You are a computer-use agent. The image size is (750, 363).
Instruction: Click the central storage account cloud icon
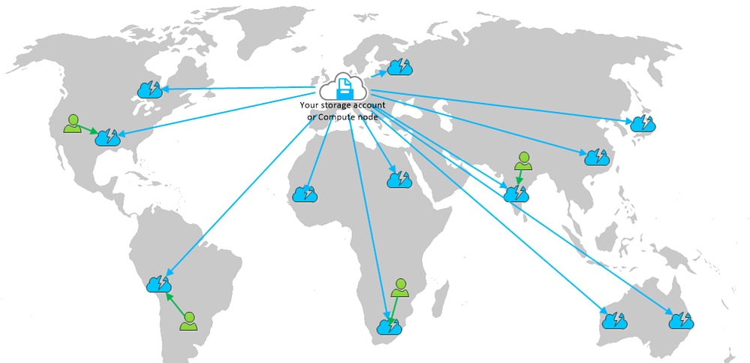point(343,86)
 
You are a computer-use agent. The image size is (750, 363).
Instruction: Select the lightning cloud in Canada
point(149,89)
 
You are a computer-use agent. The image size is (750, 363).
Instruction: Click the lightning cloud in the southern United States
point(107,137)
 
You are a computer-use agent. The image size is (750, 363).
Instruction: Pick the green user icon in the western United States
point(72,123)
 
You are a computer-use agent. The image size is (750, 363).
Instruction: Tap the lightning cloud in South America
point(159,284)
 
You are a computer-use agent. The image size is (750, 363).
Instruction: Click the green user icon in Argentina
point(188,321)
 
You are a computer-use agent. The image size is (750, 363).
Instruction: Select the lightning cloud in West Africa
point(305,193)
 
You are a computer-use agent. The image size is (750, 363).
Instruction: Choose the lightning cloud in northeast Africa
point(399,179)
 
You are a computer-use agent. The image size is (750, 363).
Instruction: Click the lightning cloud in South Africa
point(389,327)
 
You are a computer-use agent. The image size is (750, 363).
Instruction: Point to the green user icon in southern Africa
point(400,287)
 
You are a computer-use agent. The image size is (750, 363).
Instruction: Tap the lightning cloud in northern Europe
point(399,67)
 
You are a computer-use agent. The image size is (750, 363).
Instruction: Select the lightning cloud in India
point(516,193)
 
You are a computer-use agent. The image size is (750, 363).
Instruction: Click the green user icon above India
point(523,160)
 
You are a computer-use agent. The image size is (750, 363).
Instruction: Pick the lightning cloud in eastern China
point(597,156)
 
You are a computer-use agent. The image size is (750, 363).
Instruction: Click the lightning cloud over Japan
point(643,123)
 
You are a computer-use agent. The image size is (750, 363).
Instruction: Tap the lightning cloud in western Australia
point(615,320)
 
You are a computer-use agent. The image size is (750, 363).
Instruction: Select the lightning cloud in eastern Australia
point(681,320)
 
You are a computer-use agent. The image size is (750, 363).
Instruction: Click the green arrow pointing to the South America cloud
point(176,304)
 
